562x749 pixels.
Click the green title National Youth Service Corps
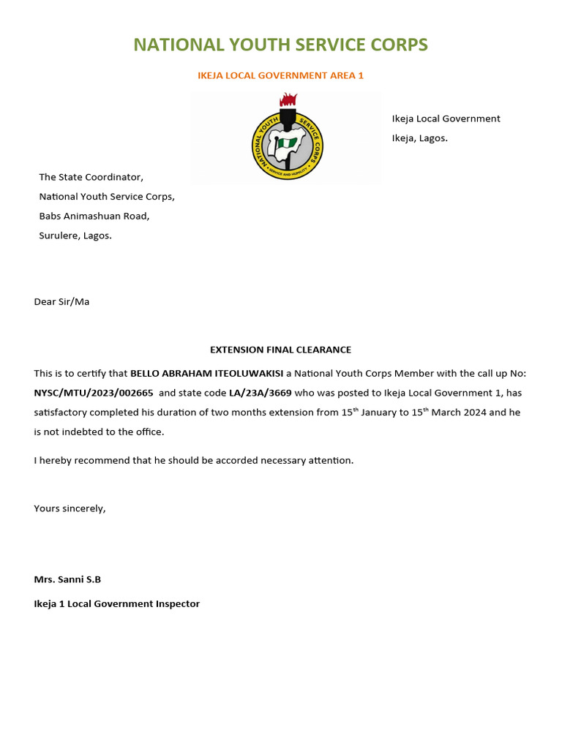click(280, 45)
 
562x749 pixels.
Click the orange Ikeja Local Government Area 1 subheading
click(280, 75)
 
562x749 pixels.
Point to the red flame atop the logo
click(288, 100)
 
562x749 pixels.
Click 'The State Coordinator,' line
click(91, 177)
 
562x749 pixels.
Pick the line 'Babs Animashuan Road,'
click(94, 216)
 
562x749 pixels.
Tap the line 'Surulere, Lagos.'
click(75, 236)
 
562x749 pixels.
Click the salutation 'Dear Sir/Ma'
click(61, 301)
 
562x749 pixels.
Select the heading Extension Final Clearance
click(280, 350)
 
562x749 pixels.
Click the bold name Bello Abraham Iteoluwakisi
click(206, 373)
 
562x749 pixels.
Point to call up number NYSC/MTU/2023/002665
click(94, 393)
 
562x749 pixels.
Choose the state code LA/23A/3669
click(260, 393)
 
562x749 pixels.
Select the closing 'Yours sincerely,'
click(70, 508)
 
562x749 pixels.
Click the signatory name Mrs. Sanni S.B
click(67, 579)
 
